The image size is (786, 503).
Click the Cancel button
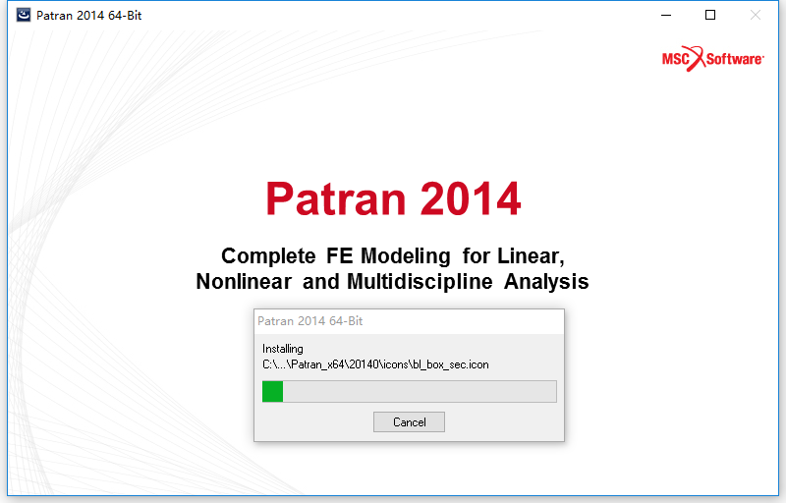tap(409, 421)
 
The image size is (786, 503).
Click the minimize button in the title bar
tap(666, 15)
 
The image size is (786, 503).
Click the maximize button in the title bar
tap(709, 15)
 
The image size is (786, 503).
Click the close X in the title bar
tap(755, 15)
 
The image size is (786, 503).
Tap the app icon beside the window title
tap(23, 15)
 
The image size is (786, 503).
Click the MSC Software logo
tap(713, 59)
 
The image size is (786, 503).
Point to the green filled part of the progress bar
tap(273, 391)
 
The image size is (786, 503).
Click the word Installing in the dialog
tap(283, 349)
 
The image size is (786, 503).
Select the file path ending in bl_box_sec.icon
tap(375, 364)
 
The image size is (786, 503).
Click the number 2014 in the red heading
tap(471, 198)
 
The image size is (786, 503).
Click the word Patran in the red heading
tap(335, 198)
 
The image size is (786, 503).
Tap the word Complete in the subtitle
tap(268, 256)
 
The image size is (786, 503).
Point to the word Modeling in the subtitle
tap(406, 256)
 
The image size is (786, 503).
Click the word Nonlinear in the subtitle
tap(244, 281)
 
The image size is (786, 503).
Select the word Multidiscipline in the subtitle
tap(420, 282)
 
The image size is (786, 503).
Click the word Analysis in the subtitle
tap(546, 282)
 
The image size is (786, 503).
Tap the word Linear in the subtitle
tap(531, 256)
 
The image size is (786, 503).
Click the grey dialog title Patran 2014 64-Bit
tap(309, 321)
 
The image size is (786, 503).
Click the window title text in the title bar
tap(89, 16)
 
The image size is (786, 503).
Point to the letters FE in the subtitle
tap(338, 256)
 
